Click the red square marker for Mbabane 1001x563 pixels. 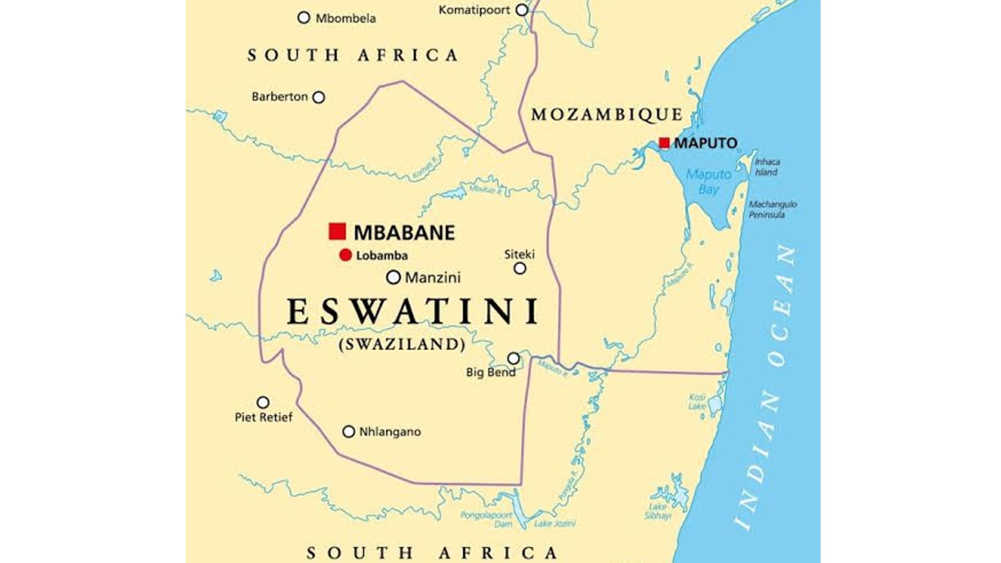coord(337,231)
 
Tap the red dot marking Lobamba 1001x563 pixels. coord(345,255)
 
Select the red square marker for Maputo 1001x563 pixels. coord(664,143)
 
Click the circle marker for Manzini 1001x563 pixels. coord(393,277)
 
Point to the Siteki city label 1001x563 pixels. coord(519,254)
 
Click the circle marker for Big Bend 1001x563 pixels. coord(514,359)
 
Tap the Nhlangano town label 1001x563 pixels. coord(390,432)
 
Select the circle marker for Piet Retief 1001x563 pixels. coord(263,402)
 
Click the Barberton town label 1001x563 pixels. coord(279,97)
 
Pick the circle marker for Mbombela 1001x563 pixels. coord(304,18)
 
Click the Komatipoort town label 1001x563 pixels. coord(474,10)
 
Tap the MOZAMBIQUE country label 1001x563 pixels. coord(607,115)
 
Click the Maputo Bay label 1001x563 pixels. coord(709,181)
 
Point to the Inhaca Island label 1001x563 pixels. coord(766,167)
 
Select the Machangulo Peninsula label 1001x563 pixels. coord(773,209)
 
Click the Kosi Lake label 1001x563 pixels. coord(697,402)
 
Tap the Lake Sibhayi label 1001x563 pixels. coord(657,511)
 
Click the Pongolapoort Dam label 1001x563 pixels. coord(486,519)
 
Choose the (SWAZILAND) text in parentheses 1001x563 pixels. coord(402,345)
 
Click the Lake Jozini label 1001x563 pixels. coord(555,523)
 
